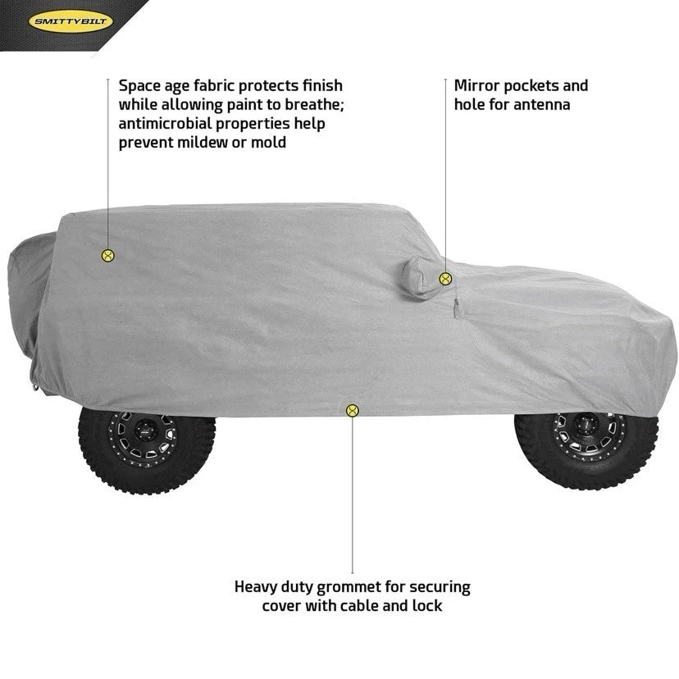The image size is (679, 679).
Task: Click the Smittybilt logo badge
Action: click(71, 21)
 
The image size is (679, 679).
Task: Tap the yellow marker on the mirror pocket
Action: click(445, 279)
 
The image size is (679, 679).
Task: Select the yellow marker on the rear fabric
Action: click(107, 256)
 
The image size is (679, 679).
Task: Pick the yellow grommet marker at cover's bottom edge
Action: click(352, 411)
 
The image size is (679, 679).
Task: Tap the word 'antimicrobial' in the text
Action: click(166, 123)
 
